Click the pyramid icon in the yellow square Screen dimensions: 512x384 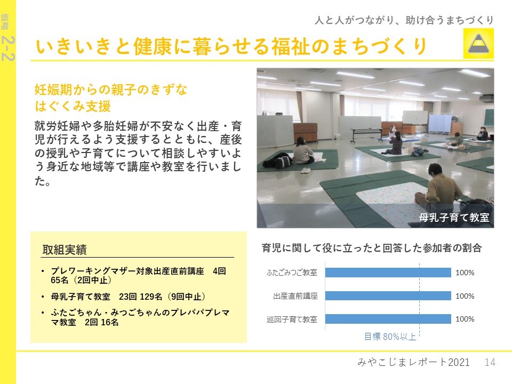tap(478, 43)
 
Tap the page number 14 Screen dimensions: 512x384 tap(490, 362)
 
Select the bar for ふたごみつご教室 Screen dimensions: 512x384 tap(388, 273)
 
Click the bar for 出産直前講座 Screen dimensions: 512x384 tap(388, 296)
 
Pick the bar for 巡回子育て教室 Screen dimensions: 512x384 tap(388, 319)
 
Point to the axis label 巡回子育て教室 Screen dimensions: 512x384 tap(292, 319)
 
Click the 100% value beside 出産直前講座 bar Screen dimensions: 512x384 tap(465, 296)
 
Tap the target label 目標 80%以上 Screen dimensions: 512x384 tap(390, 337)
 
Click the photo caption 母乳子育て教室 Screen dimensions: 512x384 tap(454, 217)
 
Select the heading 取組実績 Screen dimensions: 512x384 tap(65, 250)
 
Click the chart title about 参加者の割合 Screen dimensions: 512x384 tap(372, 248)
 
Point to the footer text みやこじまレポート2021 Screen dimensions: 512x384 tap(413, 362)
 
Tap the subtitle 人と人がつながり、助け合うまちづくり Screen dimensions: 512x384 tap(404, 20)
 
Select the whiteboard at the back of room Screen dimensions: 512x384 tap(415, 117)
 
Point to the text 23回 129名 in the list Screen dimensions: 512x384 tap(140, 297)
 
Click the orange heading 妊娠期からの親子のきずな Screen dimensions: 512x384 tap(111, 90)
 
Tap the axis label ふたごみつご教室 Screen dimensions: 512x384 tap(292, 273)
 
